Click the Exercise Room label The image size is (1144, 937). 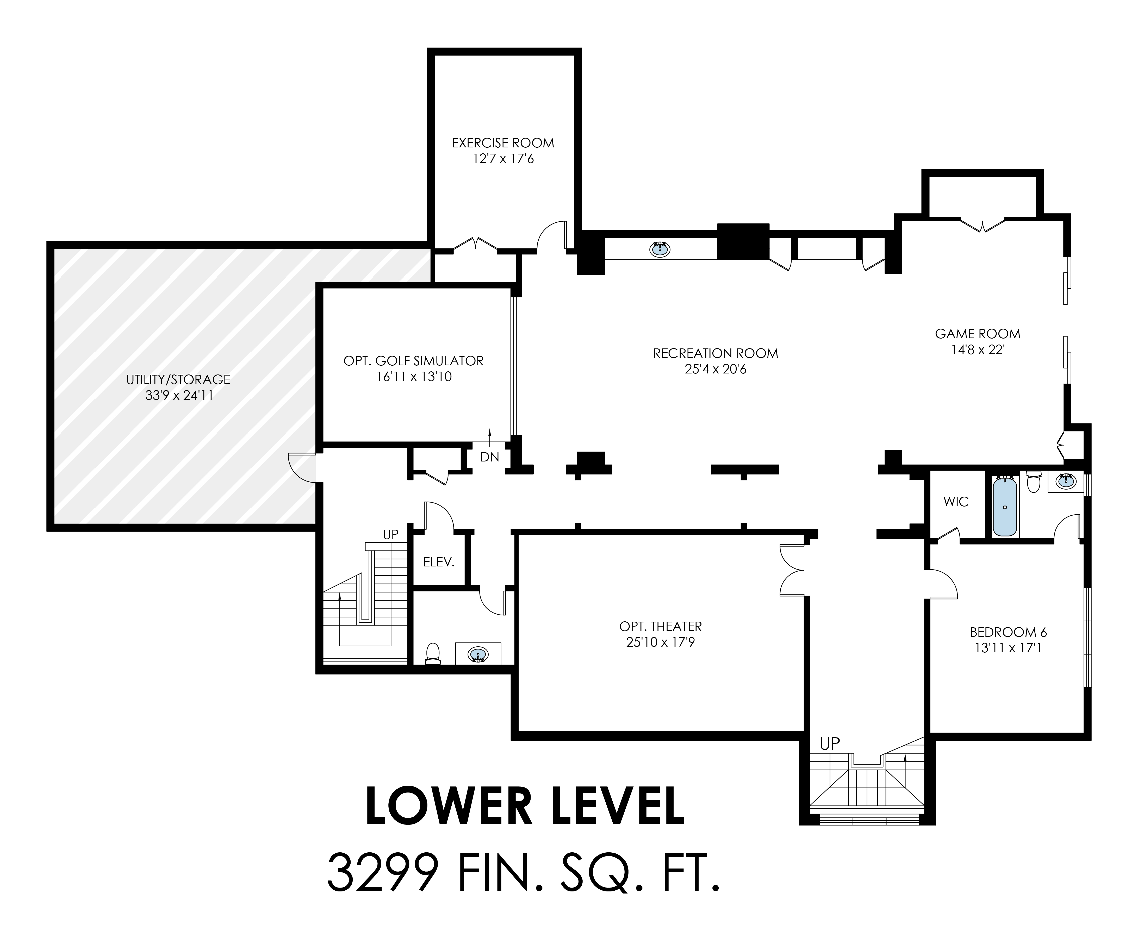point(503,143)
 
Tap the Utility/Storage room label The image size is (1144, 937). point(178,379)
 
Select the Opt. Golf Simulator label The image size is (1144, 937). point(414,360)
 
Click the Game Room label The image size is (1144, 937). point(978,334)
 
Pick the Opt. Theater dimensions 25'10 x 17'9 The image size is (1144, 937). point(660,642)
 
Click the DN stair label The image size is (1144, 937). point(490,457)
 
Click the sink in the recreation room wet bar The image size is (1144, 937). point(659,249)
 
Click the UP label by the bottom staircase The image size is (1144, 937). point(830,744)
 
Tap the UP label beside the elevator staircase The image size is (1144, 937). point(390,534)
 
